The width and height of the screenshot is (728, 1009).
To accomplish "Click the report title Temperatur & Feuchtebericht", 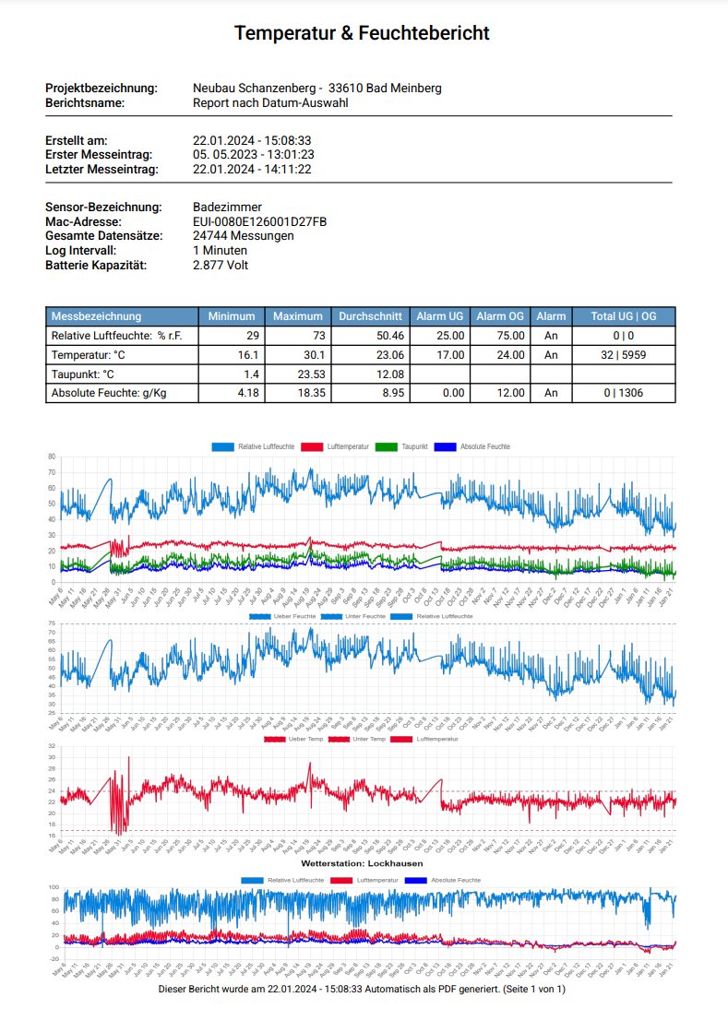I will (x=362, y=33).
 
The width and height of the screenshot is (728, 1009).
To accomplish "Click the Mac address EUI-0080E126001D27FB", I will (x=259, y=221).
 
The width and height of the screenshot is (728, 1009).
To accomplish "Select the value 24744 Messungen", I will (x=244, y=236).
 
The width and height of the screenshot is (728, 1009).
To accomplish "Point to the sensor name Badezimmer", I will (x=227, y=207).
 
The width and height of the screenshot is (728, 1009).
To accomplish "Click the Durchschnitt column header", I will (x=369, y=316).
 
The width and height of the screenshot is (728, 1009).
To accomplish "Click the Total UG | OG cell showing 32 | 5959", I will (x=624, y=355).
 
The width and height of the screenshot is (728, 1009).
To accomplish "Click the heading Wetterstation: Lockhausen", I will (x=362, y=863).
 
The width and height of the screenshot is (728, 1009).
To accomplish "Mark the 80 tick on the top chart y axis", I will (x=53, y=457).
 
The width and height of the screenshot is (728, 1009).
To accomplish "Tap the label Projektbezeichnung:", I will (x=101, y=88).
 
